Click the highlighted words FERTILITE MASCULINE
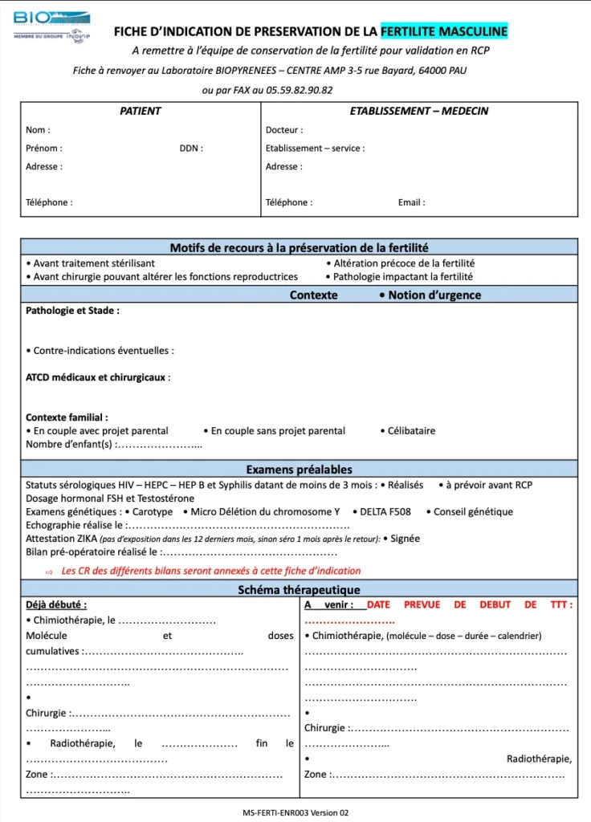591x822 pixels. click(443, 31)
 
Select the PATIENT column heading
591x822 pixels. click(141, 112)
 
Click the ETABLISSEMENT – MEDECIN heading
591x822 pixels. click(418, 112)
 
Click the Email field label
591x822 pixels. click(411, 203)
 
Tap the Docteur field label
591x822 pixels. click(284, 130)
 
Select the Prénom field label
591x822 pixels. click(44, 149)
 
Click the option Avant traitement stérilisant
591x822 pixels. click(94, 263)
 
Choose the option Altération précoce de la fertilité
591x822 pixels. click(404, 263)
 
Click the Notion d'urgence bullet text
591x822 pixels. click(434, 295)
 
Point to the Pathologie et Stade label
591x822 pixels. click(72, 311)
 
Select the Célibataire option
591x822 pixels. click(411, 431)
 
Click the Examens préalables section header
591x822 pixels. click(299, 470)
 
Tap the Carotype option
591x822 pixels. click(152, 512)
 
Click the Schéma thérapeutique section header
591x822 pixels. click(299, 590)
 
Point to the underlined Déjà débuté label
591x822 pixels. click(56, 605)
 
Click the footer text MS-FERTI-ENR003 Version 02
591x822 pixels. click(295, 812)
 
